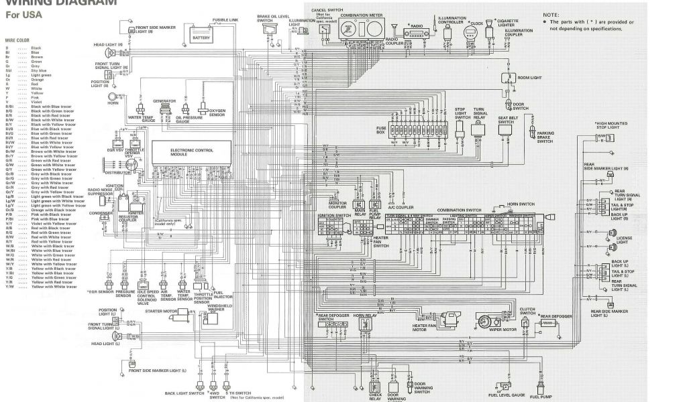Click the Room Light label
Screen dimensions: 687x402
coord(531,78)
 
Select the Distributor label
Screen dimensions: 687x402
coord(119,172)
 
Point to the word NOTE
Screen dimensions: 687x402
coord(551,14)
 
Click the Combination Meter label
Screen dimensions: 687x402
coord(358,14)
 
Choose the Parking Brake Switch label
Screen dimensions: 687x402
coord(545,137)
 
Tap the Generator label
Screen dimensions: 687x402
coord(164,101)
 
